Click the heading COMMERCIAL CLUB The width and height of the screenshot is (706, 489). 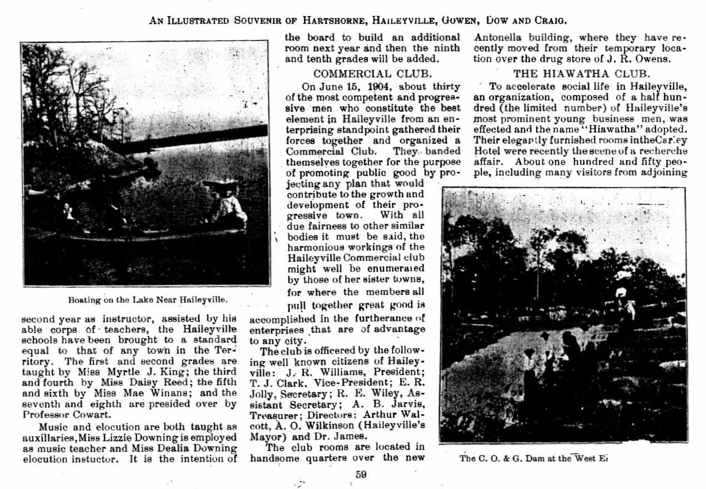click(372, 73)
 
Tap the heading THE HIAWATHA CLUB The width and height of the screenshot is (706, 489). click(582, 73)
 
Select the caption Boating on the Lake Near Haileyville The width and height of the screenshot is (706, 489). click(147, 300)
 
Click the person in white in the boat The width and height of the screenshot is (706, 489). click(228, 206)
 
